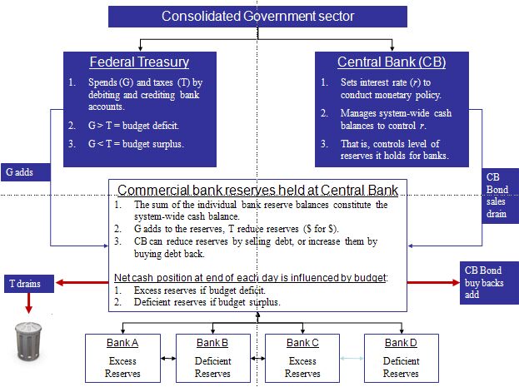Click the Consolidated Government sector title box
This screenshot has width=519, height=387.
point(257,16)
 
